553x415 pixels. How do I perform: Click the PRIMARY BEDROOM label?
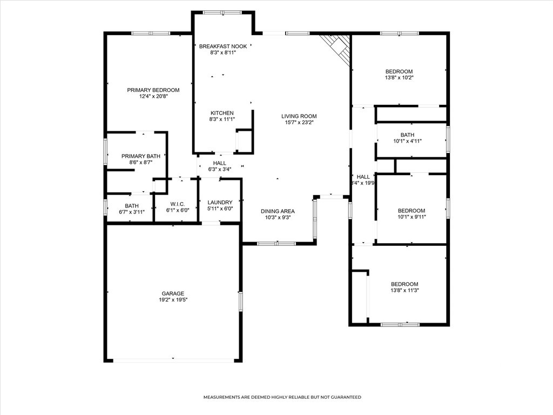pos(153,90)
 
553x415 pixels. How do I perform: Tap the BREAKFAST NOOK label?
pos(223,46)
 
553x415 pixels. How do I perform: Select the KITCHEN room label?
pos(222,113)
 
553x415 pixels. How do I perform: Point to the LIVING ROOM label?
pos(299,116)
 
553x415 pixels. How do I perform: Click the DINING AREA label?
pos(278,211)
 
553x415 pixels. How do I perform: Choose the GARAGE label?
pos(173,293)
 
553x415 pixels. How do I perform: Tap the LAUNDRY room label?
pos(220,203)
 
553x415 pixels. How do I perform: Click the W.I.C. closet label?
pos(177,204)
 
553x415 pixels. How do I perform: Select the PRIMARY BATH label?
pos(141,156)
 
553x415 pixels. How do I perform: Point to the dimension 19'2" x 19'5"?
pos(173,300)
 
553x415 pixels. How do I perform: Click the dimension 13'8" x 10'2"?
pos(399,78)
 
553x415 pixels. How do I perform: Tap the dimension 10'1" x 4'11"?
pos(407,141)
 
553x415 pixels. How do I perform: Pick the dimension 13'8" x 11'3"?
pos(404,290)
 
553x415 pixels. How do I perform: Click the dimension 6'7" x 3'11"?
pos(132,212)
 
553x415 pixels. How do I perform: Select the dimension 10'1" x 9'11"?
pos(412,217)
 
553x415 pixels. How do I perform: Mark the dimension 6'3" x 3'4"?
pos(219,169)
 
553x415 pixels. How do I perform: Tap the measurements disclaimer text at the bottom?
pos(282,397)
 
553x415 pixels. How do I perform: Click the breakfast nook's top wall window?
pos(222,13)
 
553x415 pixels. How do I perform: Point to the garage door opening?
pos(173,360)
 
